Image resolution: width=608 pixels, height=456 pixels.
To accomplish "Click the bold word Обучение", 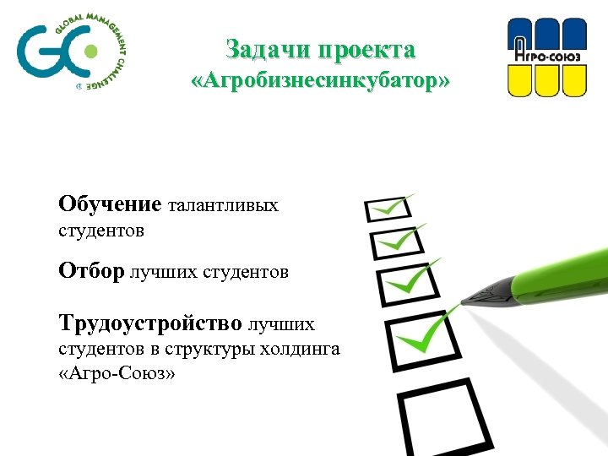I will (110, 204).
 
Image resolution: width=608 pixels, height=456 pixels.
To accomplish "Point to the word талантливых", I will (224, 205).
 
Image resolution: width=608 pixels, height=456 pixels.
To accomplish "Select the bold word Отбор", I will (91, 271).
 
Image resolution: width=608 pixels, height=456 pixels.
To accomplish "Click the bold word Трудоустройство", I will (149, 323).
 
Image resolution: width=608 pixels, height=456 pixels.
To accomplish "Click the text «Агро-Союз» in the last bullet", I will (117, 373).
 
